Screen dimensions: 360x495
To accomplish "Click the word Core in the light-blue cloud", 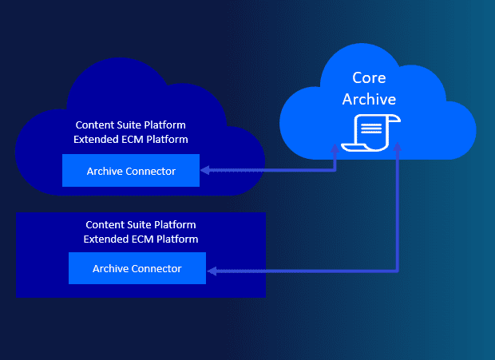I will point(369,78).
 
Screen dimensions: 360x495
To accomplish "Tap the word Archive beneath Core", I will point(369,98).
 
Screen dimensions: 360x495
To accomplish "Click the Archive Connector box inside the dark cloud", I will point(131,171).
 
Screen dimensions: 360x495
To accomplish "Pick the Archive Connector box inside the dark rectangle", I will point(137,268).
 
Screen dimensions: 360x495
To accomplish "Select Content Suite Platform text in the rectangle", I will point(141,224).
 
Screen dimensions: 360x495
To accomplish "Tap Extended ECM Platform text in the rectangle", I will point(141,239).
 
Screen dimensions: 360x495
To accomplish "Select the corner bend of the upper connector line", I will point(336,170).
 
